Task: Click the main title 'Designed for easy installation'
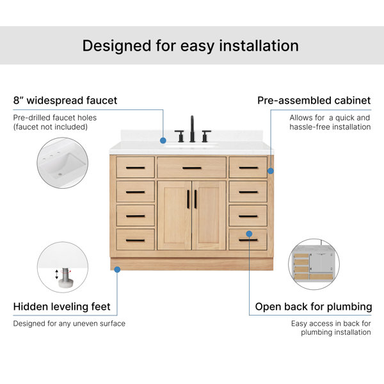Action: (x=190, y=46)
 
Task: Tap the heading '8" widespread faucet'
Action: (x=65, y=100)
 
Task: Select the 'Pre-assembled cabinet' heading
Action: (x=314, y=100)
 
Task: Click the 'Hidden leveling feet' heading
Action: (x=61, y=307)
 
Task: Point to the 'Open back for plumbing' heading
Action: (x=314, y=307)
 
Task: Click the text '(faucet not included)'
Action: (x=51, y=127)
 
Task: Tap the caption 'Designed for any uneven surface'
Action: (x=69, y=323)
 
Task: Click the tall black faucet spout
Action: (x=192, y=129)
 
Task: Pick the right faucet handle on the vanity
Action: (x=206, y=136)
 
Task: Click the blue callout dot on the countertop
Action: (x=163, y=141)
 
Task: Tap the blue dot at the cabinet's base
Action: (x=117, y=269)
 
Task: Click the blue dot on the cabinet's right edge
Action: (x=271, y=171)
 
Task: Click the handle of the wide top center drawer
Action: (x=192, y=168)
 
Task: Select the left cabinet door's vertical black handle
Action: (x=188, y=199)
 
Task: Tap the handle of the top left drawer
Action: (x=136, y=168)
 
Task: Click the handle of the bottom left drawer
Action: (x=136, y=240)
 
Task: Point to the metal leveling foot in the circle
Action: (x=65, y=278)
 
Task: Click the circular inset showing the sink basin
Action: (x=63, y=163)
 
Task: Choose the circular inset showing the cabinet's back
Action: (x=314, y=264)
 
